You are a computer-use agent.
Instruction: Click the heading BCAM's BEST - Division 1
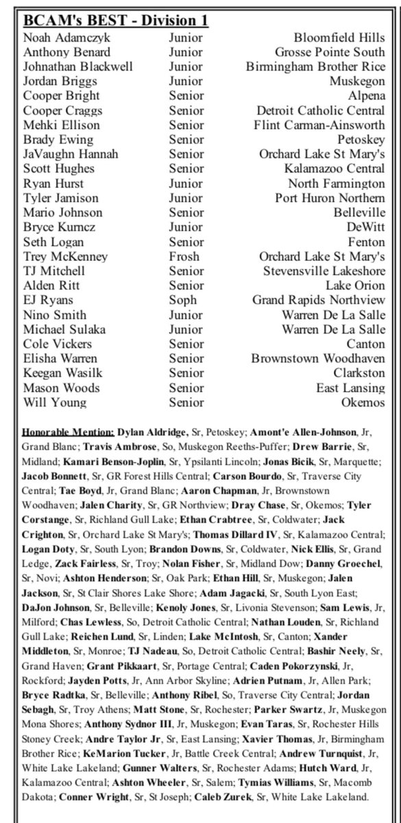[x=116, y=21]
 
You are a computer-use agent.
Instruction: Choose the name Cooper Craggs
[x=58, y=110]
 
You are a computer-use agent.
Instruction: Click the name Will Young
[x=50, y=402]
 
